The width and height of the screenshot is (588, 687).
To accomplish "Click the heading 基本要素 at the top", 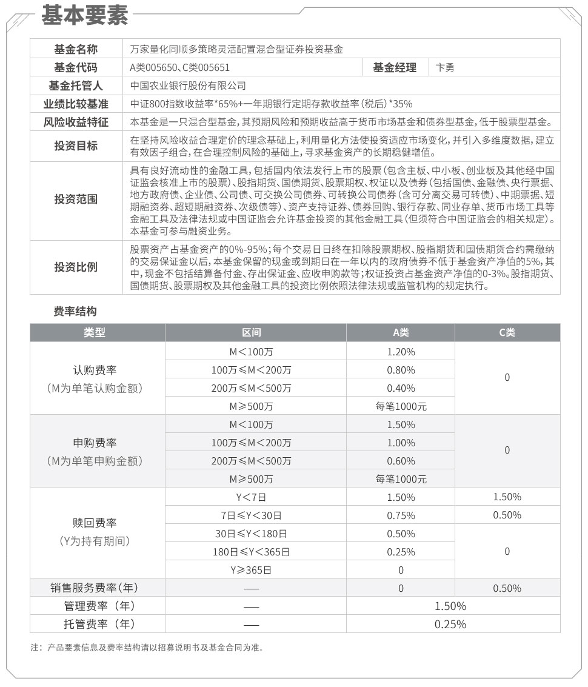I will coord(84,16).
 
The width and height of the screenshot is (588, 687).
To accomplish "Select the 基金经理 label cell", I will coord(394,68).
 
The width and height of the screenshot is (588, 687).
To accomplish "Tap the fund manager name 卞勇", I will coord(445,68).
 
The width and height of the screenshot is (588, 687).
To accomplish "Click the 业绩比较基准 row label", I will coord(76,104).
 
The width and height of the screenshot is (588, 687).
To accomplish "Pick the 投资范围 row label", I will coord(76,199).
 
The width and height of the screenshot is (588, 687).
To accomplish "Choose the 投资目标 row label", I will coord(76,146).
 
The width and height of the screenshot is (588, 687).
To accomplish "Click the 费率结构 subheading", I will coord(76,311).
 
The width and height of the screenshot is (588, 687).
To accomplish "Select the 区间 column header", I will coord(252,332).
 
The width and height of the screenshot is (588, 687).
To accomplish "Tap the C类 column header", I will coord(507,332).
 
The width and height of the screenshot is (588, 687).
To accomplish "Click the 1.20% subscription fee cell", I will coord(401,352).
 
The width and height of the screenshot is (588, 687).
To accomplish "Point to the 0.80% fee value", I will coord(401,370).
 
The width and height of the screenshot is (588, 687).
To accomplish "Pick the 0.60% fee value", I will coord(401,461).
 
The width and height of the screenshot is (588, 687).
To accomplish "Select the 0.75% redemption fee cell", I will coord(401,515).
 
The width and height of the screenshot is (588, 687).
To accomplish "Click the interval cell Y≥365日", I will coord(251,570).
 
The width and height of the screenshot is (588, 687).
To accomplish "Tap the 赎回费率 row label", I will coord(95,523).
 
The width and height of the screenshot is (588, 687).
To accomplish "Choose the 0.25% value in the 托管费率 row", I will coord(450,624).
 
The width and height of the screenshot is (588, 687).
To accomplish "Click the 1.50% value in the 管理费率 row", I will coord(450,606).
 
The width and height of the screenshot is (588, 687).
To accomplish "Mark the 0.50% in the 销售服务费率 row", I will coord(507,588).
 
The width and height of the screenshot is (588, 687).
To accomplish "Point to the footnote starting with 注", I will coord(147,647).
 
